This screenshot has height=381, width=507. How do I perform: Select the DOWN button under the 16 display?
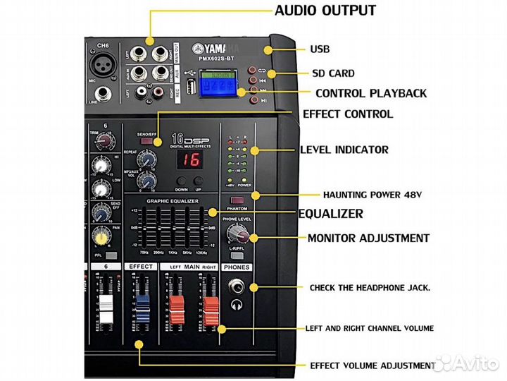point(181,182)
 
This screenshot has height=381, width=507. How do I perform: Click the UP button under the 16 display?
point(198,182)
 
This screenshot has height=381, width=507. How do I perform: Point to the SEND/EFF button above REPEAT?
point(147,143)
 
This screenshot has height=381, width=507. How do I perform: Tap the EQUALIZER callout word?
point(330,214)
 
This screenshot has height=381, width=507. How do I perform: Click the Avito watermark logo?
point(464,364)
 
